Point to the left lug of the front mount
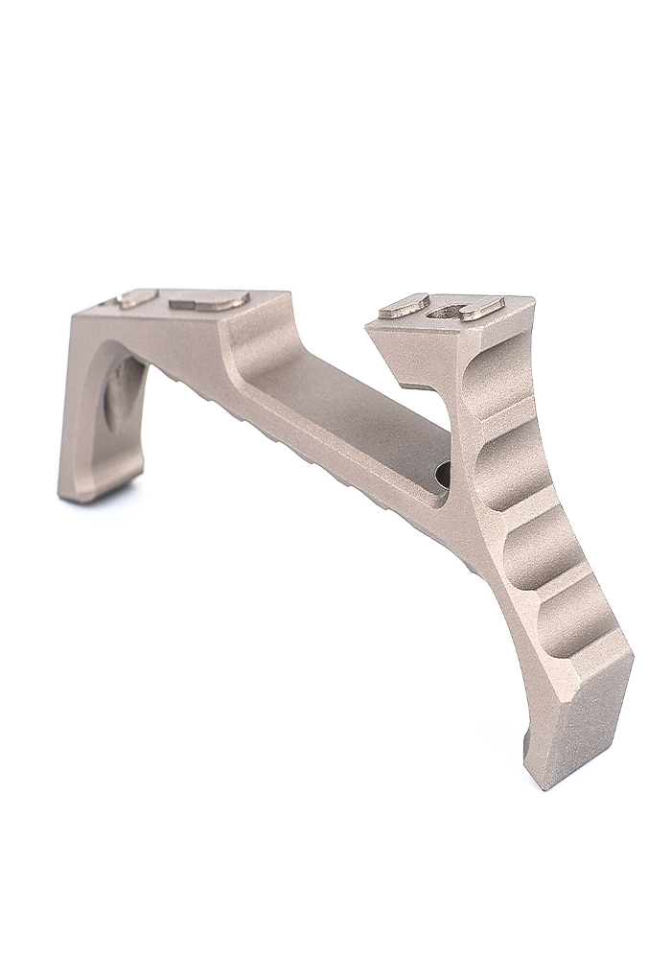pos(404,306)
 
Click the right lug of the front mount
pos(481,308)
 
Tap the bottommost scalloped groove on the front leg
pos(573,625)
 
